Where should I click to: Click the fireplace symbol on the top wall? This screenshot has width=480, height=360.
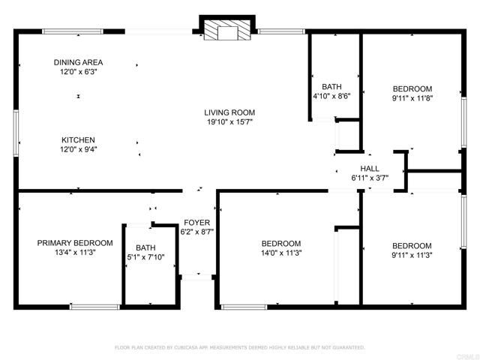click(222, 29)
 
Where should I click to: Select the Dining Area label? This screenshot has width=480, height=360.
click(78, 62)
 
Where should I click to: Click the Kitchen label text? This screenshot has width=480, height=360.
click(78, 139)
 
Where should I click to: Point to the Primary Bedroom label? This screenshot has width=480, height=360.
click(75, 243)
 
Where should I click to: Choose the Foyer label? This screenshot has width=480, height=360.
click(197, 223)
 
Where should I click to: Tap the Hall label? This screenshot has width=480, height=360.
click(370, 169)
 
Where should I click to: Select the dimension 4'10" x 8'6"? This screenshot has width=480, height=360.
click(331, 96)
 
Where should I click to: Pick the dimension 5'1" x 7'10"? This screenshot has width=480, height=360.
click(145, 258)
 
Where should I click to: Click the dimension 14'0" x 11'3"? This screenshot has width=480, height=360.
click(281, 253)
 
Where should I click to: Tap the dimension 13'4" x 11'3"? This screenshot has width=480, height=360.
click(75, 253)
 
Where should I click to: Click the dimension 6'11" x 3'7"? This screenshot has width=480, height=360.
click(370, 178)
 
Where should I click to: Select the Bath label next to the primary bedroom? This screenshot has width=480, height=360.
click(145, 248)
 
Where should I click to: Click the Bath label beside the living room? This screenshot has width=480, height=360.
click(331, 86)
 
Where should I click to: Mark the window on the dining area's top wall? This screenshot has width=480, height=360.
click(73, 31)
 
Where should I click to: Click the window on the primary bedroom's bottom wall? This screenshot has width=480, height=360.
click(94, 305)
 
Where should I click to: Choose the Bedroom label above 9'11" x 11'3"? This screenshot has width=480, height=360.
click(412, 246)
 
